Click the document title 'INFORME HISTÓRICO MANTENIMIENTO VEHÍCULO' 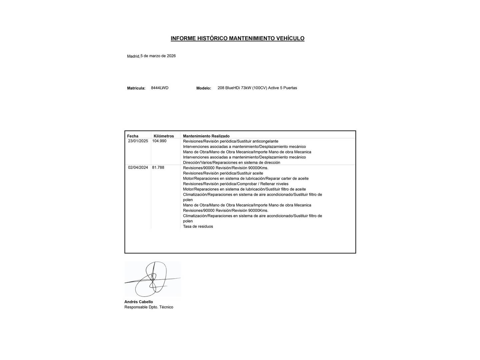tap(237, 38)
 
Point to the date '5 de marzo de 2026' tap(158, 56)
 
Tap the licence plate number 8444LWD tap(160, 88)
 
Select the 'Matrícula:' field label tap(136, 88)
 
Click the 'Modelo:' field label tap(204, 88)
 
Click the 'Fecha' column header tap(133, 136)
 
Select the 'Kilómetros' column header tap(164, 136)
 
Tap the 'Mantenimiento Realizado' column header tap(206, 136)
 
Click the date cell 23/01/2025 tap(138, 141)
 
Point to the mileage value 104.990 tap(159, 141)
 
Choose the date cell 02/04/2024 tap(138, 168)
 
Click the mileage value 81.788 tap(158, 168)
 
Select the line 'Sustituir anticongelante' tap(230, 141)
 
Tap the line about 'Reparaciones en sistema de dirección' tap(231, 163)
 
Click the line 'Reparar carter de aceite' tap(246, 179)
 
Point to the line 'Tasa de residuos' tap(198, 227)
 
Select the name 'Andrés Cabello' tap(139, 302)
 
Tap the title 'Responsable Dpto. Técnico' tap(149, 307)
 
